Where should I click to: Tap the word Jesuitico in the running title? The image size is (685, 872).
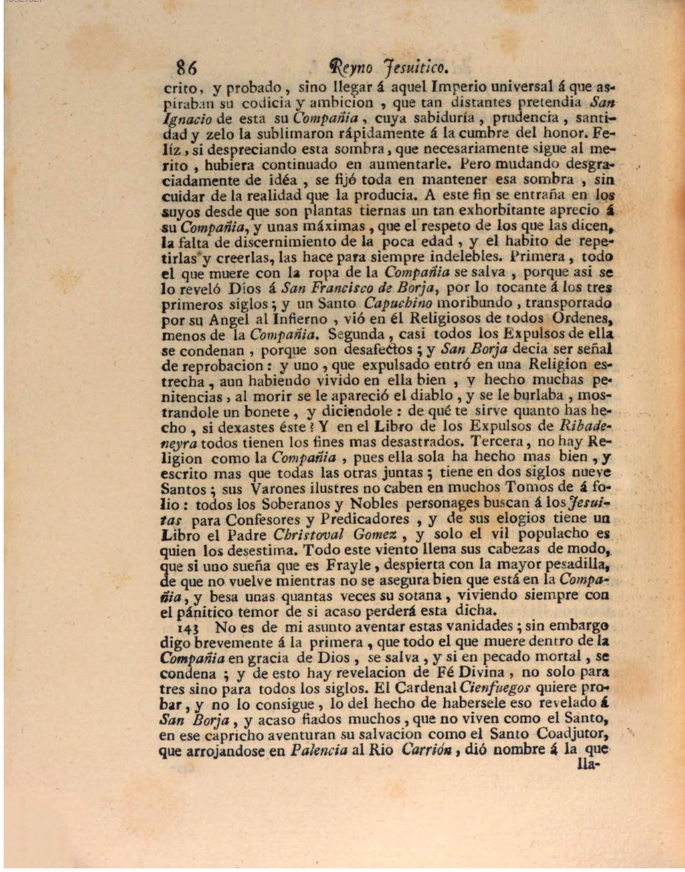(x=415, y=68)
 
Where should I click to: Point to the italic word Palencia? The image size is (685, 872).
(x=319, y=750)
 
